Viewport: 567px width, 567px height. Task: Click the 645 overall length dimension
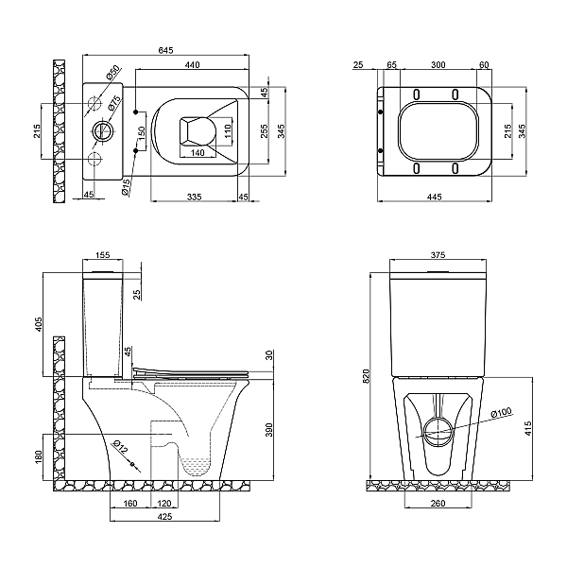point(166,50)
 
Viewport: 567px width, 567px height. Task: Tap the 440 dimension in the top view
point(193,64)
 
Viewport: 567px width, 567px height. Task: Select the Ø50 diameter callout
point(112,73)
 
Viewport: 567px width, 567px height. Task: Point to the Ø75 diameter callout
point(113,103)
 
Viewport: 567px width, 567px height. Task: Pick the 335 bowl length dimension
point(194,197)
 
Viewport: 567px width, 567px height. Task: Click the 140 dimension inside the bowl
point(198,152)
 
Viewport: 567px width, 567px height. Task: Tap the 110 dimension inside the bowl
point(227,131)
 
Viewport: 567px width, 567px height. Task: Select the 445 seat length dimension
point(435,197)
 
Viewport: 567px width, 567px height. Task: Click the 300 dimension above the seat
point(438,64)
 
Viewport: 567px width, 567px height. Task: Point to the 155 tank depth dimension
point(102,255)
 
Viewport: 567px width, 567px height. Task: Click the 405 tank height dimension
point(39,324)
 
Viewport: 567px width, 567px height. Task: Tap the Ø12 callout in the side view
point(120,447)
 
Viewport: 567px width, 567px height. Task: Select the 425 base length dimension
point(164,516)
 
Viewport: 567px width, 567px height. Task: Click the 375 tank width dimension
point(438,255)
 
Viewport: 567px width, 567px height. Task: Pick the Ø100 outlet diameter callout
point(501,413)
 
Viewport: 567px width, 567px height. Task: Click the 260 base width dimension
point(438,503)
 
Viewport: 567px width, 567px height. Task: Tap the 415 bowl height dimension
point(528,428)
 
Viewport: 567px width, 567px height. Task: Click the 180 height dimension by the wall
point(39,456)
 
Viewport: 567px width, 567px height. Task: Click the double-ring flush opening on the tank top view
point(104,131)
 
